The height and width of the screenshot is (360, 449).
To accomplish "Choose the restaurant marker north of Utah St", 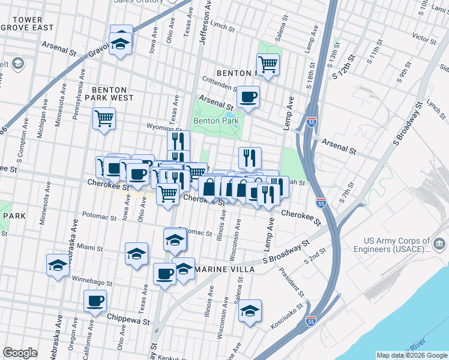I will coord(250,158).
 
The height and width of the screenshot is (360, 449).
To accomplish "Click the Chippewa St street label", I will coord(128,321).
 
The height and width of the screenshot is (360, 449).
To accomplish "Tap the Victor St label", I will coord(424,39).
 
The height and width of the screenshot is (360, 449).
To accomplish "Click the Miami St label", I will coord(91,248).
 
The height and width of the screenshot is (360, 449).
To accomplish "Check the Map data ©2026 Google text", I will coord(411,355).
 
